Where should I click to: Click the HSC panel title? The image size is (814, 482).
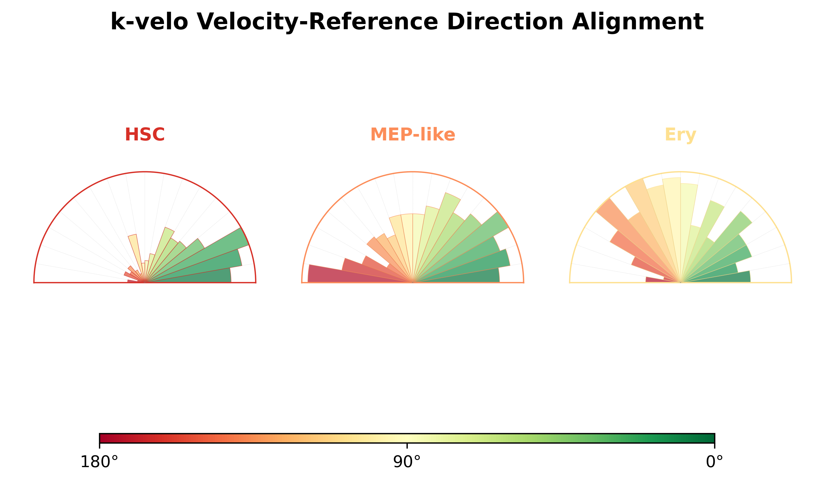point(145,135)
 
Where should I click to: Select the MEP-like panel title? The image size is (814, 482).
point(413,135)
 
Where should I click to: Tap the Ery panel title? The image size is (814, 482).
point(680,135)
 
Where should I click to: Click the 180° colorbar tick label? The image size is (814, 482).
point(99,462)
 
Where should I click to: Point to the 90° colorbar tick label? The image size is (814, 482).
point(407,462)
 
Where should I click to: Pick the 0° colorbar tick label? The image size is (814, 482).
point(714,462)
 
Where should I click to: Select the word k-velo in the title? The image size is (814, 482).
point(149,22)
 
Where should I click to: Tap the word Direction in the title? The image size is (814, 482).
point(505,22)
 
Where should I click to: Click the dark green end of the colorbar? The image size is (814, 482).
point(711,438)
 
